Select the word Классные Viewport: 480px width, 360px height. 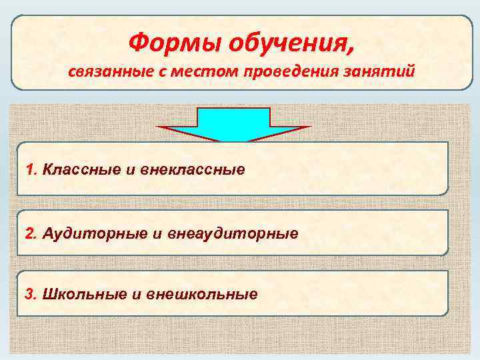pos(80,169)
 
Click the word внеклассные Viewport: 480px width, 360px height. pos(194,169)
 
